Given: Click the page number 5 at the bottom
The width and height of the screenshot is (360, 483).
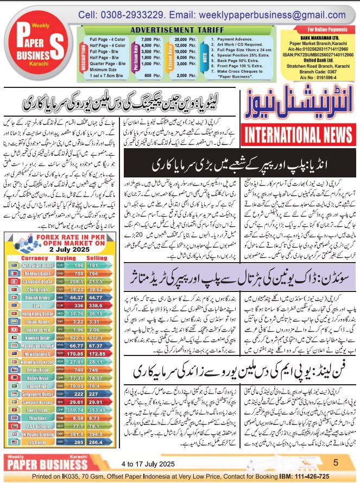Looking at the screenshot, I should (x=336, y=462).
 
